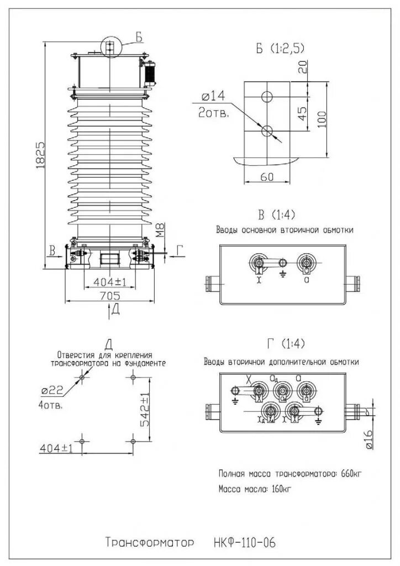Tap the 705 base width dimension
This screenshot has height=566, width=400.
click(x=110, y=296)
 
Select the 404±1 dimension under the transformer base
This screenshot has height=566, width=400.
click(x=110, y=282)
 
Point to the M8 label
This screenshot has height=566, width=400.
click(x=160, y=229)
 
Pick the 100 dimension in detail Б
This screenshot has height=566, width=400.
click(x=323, y=118)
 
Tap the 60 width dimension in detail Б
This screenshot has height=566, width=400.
click(x=267, y=176)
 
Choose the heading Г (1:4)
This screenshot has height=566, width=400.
click(x=285, y=344)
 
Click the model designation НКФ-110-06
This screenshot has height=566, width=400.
click(x=243, y=542)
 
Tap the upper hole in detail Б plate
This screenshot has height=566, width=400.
click(x=267, y=96)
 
